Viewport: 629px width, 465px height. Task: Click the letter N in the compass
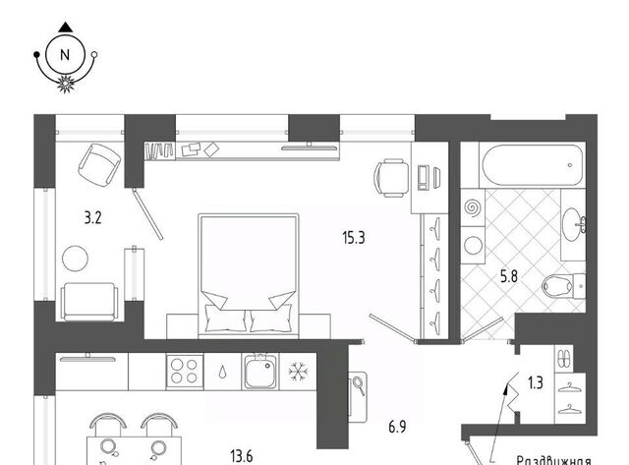(x=65, y=55)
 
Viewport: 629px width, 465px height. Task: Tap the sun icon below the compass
(x=65, y=84)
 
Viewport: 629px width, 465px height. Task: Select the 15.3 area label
(x=354, y=238)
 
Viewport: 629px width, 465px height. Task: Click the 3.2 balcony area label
(x=92, y=218)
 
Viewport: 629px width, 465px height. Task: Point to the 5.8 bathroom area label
(x=509, y=276)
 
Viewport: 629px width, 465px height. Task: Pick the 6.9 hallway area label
(x=397, y=427)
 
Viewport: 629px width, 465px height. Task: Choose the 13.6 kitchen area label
(x=242, y=456)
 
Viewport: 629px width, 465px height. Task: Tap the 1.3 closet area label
(x=535, y=382)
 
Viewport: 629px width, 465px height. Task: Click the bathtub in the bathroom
(x=533, y=165)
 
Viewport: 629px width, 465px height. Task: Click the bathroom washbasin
(x=572, y=225)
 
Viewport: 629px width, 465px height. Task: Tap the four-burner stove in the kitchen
(x=185, y=372)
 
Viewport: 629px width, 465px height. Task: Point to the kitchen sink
(x=260, y=372)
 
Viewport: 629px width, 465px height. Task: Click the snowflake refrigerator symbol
(x=298, y=372)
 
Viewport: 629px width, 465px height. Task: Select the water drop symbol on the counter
(x=222, y=373)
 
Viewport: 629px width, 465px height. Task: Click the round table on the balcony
(x=75, y=259)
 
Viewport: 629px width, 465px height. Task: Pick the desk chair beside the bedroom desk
(x=390, y=178)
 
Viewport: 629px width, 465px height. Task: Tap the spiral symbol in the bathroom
(x=473, y=207)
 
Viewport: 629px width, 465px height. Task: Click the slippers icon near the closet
(x=563, y=358)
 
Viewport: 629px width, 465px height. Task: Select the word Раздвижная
(x=553, y=460)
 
